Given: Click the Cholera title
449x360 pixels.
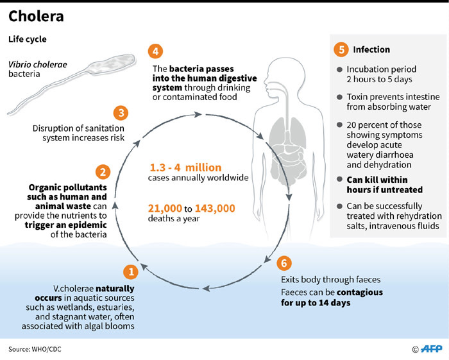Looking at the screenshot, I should click(x=36, y=16).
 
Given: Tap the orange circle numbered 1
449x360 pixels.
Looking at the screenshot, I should click(x=131, y=272).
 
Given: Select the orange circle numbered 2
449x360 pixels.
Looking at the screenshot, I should click(x=101, y=172).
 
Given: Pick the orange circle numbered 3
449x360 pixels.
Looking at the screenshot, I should click(x=120, y=113).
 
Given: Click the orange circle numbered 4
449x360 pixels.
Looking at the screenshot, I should click(x=154, y=51).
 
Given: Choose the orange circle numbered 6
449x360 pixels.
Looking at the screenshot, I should click(x=284, y=264).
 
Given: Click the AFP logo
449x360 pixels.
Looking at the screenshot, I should click(x=429, y=349).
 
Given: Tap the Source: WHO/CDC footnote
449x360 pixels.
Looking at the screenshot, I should click(x=35, y=349).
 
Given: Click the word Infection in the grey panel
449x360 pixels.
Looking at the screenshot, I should click(x=371, y=49).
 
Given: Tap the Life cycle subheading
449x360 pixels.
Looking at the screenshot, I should click(x=27, y=40).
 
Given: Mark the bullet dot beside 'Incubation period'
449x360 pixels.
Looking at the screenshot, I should click(x=338, y=69).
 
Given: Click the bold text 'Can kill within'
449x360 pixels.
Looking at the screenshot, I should click(x=377, y=180).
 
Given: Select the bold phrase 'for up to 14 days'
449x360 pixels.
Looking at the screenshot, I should click(x=315, y=302).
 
